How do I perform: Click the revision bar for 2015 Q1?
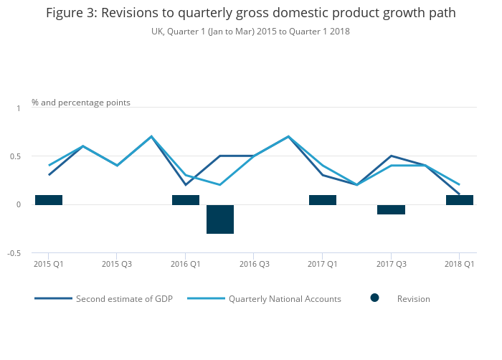(x=49, y=200)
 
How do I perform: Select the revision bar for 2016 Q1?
(x=186, y=200)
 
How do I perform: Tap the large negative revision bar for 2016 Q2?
(x=220, y=219)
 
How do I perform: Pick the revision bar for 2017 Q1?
(x=323, y=200)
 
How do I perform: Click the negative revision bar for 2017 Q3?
(x=391, y=209)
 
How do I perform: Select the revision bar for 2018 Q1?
(x=460, y=200)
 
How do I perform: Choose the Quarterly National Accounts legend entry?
(x=284, y=298)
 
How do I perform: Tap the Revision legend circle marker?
(x=374, y=298)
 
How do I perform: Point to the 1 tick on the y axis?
(x=19, y=108)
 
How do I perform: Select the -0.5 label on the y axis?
(x=14, y=253)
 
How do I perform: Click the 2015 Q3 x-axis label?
(x=117, y=264)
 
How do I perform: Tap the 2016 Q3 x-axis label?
(x=254, y=264)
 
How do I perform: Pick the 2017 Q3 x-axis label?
(x=391, y=264)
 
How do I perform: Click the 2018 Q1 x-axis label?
(x=460, y=264)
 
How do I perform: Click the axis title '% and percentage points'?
(x=81, y=103)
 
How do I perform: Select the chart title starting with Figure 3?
(x=250, y=14)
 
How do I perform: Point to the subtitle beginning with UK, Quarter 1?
(x=250, y=32)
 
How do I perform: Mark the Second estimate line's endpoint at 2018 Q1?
(x=459, y=194)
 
